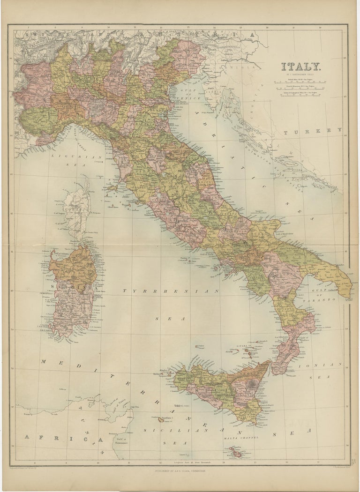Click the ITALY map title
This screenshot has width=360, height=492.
[x=300, y=67]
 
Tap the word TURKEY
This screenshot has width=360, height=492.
[x=313, y=131]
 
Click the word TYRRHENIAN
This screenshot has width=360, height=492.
[x=171, y=291]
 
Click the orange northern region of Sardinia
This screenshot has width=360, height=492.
[x=73, y=267]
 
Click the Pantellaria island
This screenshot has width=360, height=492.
[x=161, y=419]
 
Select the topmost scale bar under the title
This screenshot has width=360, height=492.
[x=300, y=82]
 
